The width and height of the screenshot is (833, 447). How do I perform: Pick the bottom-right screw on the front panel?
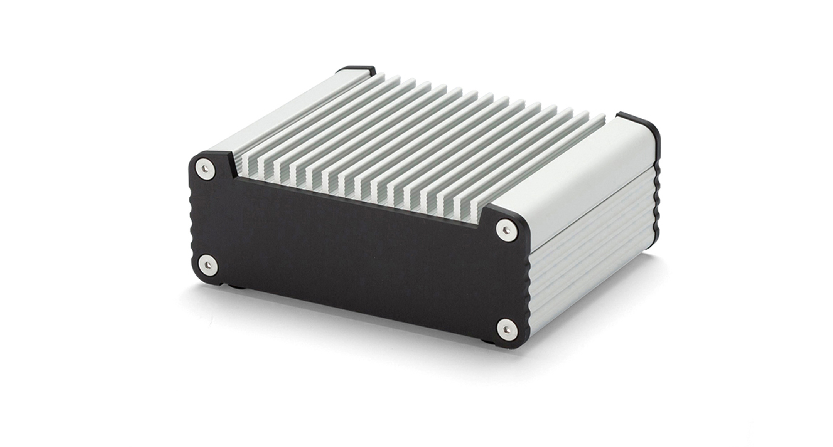pos(504,329)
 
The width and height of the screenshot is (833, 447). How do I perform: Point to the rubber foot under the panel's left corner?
pos(235,287)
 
